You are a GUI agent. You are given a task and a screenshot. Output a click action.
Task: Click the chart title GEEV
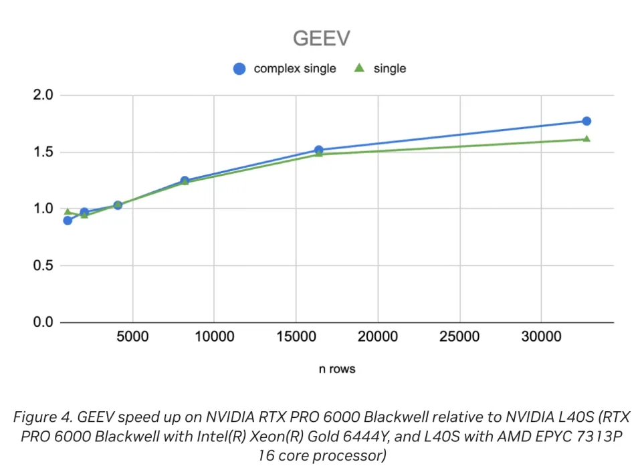[x=321, y=39]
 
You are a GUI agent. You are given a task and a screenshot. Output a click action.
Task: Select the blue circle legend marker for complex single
[x=239, y=68]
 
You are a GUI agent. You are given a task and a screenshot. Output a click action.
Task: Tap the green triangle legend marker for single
[x=359, y=68]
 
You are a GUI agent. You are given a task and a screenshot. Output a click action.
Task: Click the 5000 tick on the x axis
[x=132, y=336]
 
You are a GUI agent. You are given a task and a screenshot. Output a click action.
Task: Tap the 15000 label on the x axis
[x=296, y=336]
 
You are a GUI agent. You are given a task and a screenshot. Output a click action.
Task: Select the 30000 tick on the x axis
[x=540, y=336]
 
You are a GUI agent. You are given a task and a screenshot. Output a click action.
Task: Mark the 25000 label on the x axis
[x=459, y=336]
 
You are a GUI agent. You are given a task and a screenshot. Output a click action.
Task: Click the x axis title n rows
[x=336, y=368]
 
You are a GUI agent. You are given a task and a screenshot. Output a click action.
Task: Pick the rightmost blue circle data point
[x=586, y=121]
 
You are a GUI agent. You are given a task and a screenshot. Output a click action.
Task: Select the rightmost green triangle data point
[x=586, y=138]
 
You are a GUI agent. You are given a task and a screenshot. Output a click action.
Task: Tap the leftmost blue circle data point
[x=68, y=220]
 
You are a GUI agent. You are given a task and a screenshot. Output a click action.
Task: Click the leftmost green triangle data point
[x=68, y=212]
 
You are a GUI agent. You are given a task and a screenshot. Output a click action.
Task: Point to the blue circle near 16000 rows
[x=319, y=150]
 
